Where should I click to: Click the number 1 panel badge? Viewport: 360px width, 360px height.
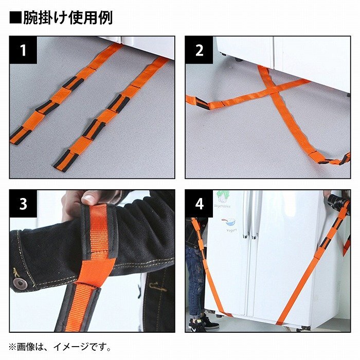click(x=23, y=50)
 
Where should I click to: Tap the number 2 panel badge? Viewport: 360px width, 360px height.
click(x=199, y=50)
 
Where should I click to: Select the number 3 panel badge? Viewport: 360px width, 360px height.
click(x=23, y=204)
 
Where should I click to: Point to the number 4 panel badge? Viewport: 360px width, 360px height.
click(x=199, y=204)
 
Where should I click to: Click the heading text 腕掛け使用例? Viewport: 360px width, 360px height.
click(x=68, y=17)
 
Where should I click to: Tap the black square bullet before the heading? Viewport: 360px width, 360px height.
click(x=15, y=18)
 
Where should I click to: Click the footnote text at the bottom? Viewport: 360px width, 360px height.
click(x=60, y=347)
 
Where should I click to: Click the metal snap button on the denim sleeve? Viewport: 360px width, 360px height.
click(x=20, y=283)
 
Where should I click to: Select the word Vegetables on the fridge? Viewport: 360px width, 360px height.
click(x=222, y=206)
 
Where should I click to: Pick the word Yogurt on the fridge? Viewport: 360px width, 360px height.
click(x=231, y=230)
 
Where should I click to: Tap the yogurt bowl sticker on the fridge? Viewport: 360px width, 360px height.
click(x=229, y=222)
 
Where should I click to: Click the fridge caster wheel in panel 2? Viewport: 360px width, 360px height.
click(x=239, y=60)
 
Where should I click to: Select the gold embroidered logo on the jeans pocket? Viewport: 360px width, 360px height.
click(x=156, y=286)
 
